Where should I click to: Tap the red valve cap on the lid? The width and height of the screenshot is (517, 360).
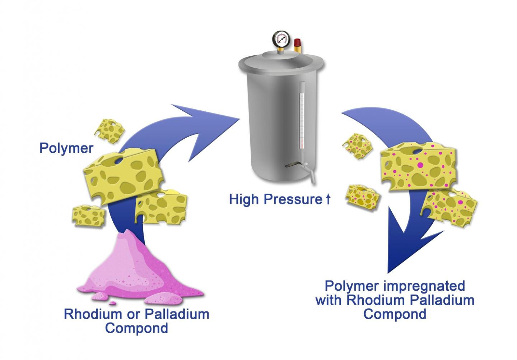click(297, 45)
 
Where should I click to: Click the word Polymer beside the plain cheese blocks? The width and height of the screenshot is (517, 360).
click(66, 148)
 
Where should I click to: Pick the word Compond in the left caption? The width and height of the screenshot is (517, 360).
click(137, 328)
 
